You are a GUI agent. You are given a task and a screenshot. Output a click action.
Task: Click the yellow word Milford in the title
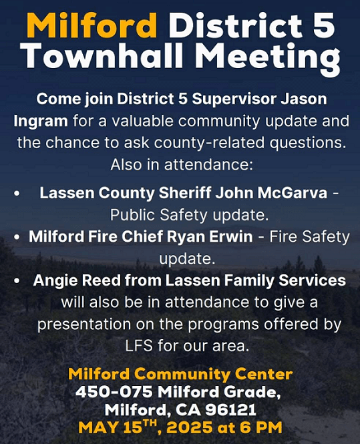tap(92, 25)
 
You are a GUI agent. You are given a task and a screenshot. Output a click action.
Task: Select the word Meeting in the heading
tap(266, 59)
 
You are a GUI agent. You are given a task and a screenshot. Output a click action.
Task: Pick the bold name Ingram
tap(41, 122)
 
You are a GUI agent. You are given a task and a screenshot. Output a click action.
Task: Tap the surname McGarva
tap(293, 193)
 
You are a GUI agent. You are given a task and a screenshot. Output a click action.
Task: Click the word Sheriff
tap(185, 193)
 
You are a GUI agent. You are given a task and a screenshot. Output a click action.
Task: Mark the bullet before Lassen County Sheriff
tap(17, 194)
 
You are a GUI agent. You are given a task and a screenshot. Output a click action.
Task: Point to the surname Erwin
tap(230, 236)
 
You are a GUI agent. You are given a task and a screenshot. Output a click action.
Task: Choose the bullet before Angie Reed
tap(17, 281)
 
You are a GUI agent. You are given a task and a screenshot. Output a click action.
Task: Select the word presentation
tap(84, 324)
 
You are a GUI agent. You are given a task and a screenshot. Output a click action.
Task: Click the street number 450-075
tap(114, 392)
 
